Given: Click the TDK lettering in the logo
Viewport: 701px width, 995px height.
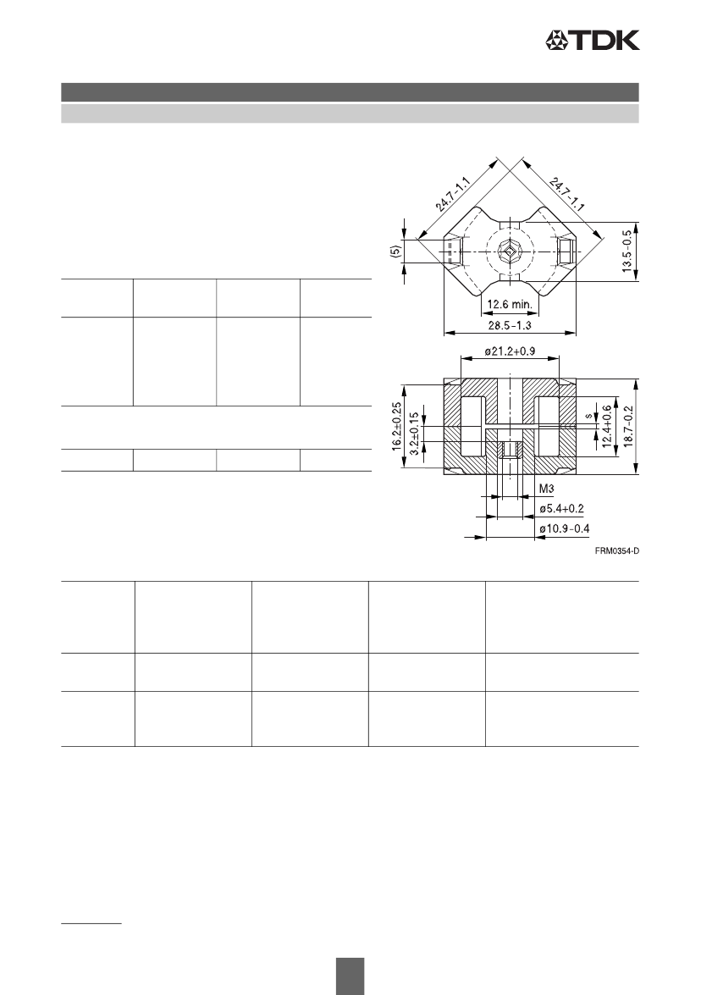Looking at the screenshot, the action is click(x=602, y=41).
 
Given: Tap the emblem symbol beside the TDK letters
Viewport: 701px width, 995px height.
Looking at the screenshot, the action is click(x=555, y=41).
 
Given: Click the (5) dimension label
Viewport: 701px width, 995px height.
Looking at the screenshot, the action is click(x=394, y=252).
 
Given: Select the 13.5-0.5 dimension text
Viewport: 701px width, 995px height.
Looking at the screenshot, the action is click(x=627, y=251).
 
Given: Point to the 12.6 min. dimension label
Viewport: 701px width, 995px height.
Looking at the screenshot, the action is click(x=510, y=305).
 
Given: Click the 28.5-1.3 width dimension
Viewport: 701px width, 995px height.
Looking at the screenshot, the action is click(x=510, y=325).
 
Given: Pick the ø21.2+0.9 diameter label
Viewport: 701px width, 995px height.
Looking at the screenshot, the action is click(x=510, y=351).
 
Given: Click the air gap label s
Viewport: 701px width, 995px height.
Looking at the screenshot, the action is click(x=588, y=417).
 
